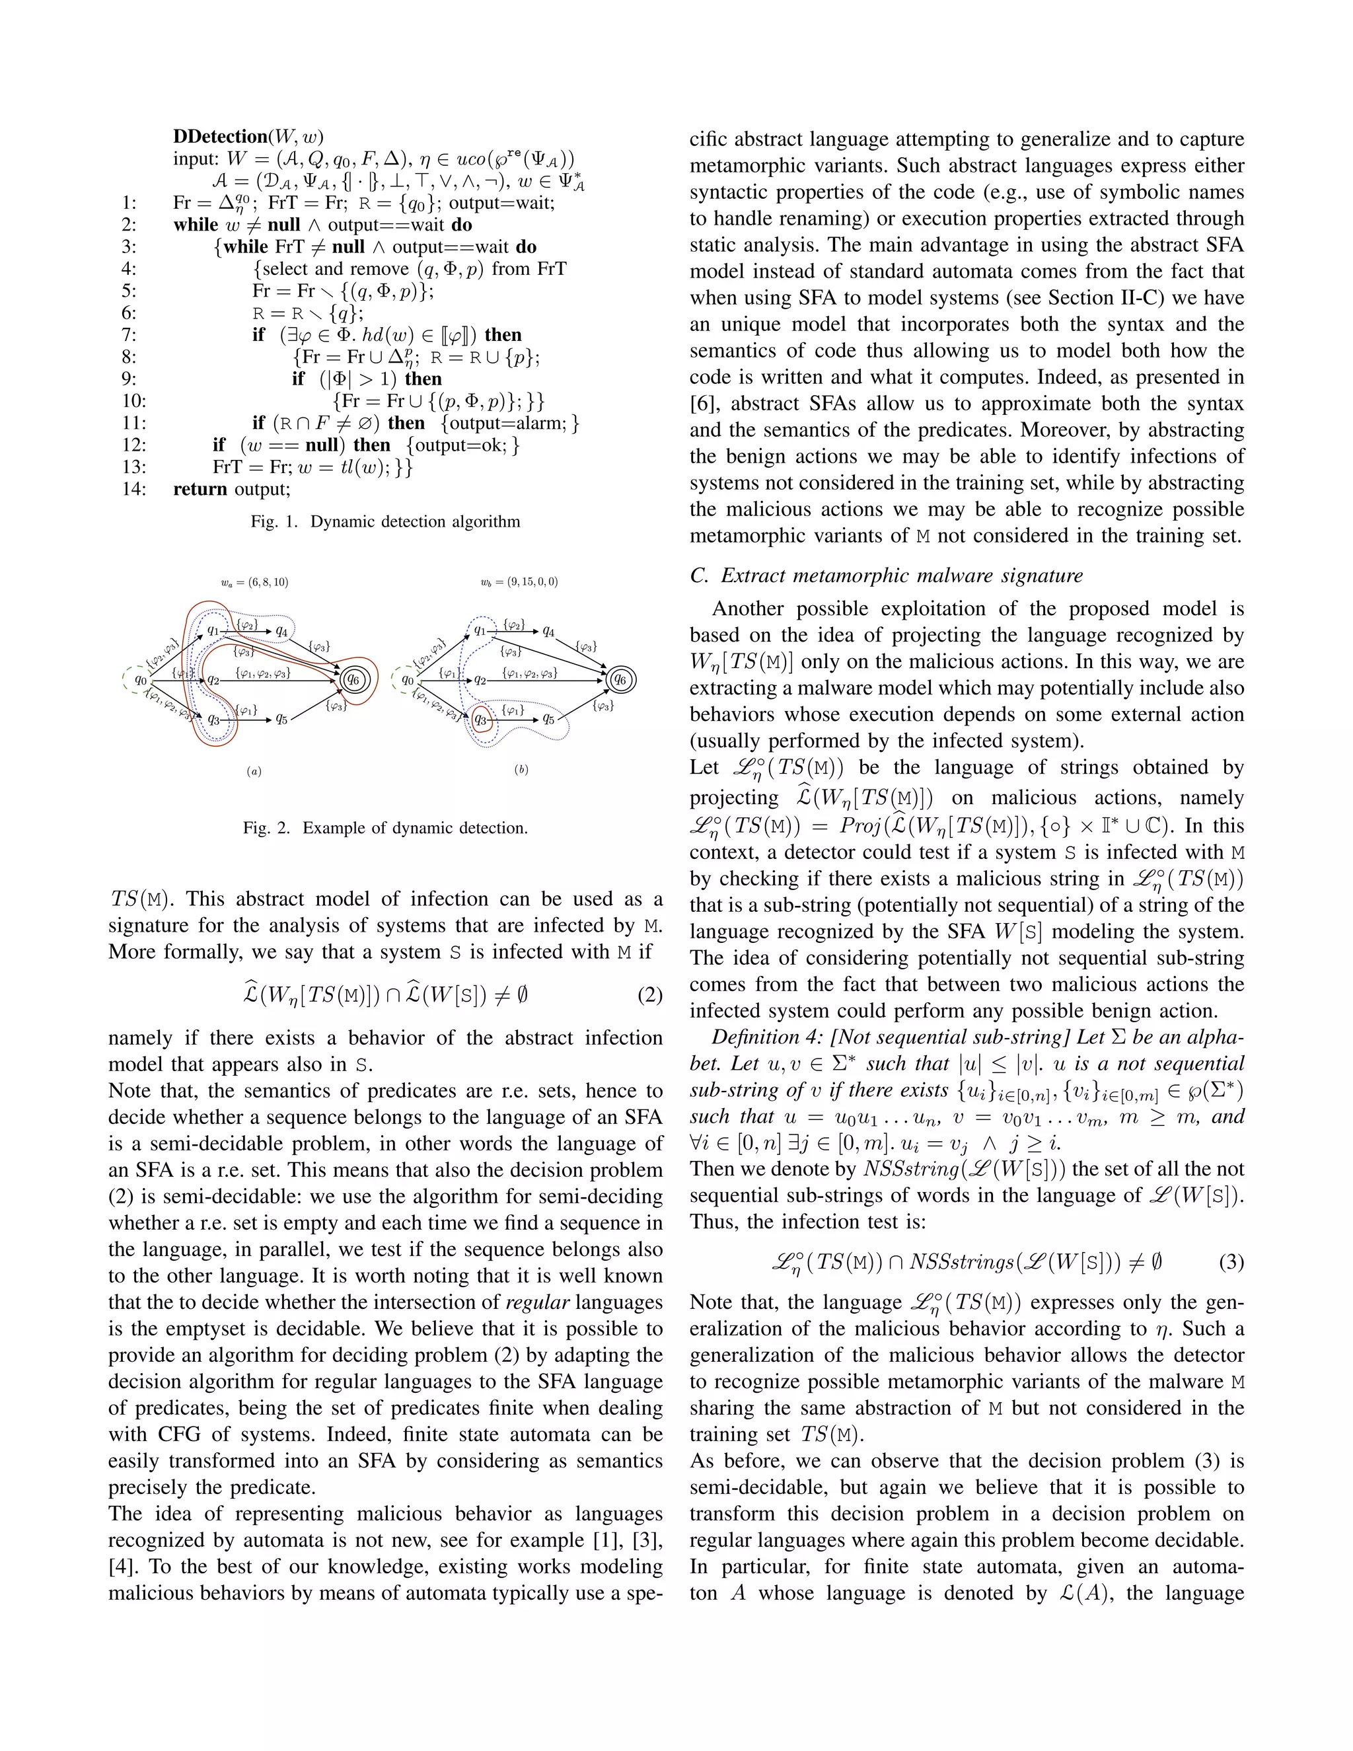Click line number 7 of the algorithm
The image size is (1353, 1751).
point(128,335)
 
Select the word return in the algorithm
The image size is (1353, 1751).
point(200,489)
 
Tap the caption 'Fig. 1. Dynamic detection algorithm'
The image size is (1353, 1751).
point(386,522)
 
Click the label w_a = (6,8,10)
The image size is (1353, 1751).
point(255,582)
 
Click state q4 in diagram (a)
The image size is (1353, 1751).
point(281,632)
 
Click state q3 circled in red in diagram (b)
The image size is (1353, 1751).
point(481,719)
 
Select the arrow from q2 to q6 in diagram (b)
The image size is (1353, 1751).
point(545,681)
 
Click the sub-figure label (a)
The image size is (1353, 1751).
point(254,771)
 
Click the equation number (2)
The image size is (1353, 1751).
point(650,996)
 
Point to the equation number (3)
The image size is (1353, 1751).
point(1231,1263)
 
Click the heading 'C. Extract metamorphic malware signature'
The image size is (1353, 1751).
point(886,575)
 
